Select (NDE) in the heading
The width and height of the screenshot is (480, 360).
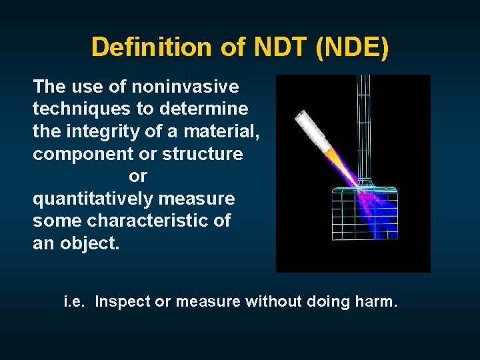point(353,47)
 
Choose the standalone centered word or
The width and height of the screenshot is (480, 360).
point(137,177)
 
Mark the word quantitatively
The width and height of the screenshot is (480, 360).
point(91,199)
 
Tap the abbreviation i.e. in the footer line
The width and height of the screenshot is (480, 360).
point(75,302)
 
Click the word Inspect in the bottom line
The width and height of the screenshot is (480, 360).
point(123,302)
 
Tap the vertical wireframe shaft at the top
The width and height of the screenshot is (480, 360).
point(364,120)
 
